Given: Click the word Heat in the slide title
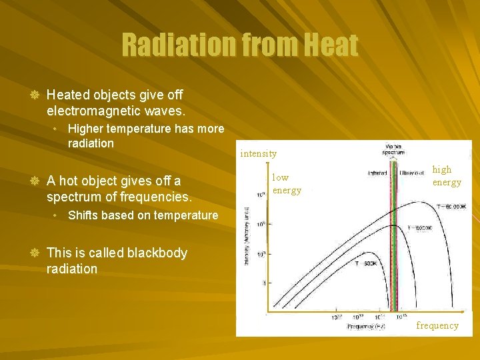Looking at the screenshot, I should coord(331,45).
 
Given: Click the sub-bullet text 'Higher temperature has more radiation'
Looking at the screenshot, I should coord(145,136).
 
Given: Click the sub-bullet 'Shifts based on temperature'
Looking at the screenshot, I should coord(143,215).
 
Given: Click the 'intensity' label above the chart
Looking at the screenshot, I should coord(258,153).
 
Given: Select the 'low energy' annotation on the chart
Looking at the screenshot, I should coord(286,183).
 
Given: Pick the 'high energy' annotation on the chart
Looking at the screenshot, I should coord(446,176).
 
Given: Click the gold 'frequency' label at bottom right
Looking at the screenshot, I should coord(437,325).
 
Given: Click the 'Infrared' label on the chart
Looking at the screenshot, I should coord(378,173).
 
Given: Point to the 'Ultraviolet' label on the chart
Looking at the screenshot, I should coord(412,173).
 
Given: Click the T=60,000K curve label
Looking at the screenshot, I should coord(451,207).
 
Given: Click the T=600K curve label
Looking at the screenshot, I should coord(366,263).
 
